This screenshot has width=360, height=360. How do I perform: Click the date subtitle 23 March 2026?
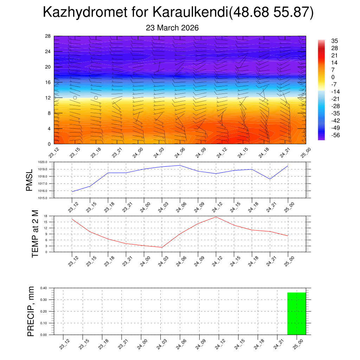coord(172,28)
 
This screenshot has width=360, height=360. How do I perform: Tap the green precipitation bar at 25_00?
coord(296,313)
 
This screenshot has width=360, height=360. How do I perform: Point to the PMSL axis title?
coord(30,180)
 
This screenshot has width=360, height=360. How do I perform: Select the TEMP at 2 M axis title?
coord(35,234)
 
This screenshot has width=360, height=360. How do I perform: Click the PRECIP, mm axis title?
coord(31,311)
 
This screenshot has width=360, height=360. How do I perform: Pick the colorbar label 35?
coord(335,41)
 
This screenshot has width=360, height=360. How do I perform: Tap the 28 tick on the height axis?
coord(48,36)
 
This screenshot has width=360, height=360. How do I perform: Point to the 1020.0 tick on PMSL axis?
coord(46,162)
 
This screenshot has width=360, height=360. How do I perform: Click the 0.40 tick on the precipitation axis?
coord(44,288)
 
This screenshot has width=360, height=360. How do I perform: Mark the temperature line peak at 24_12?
coord(216,217)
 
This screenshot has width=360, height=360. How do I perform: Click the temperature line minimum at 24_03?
coord(162,247)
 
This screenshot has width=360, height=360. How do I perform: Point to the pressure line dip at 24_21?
coord(270,179)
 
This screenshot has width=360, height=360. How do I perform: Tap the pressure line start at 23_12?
coord(72,192)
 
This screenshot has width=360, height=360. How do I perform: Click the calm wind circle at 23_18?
coord(96,98)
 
